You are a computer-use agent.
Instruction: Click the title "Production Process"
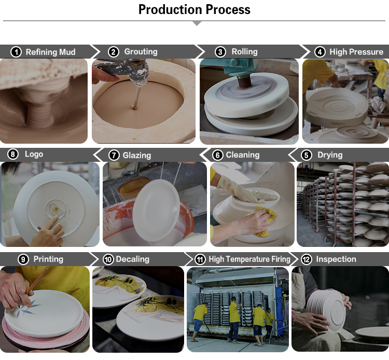pyautogui.click(x=195, y=10)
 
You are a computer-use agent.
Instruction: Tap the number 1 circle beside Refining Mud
pyautogui.click(x=17, y=52)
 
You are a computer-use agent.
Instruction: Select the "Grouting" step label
pyautogui.click(x=141, y=51)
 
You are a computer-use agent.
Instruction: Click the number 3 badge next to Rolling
pyautogui.click(x=220, y=52)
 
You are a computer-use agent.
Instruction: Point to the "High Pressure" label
pyautogui.click(x=356, y=52)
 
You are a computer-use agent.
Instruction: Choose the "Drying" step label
pyautogui.click(x=330, y=155)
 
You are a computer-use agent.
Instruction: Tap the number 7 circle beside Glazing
pyautogui.click(x=114, y=155)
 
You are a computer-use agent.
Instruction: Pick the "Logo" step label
pyautogui.click(x=34, y=154)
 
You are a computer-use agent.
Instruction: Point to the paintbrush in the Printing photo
pyautogui.click(x=37, y=280)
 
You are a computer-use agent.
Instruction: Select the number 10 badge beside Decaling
pyautogui.click(x=108, y=259)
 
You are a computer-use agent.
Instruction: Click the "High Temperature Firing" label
pyautogui.click(x=249, y=259)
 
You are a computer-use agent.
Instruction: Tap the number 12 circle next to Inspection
pyautogui.click(x=307, y=259)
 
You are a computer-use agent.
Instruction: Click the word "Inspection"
pyautogui.click(x=336, y=259)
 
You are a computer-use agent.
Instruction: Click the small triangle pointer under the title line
pyautogui.click(x=197, y=23)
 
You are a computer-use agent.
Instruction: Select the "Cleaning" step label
pyautogui.click(x=243, y=155)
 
